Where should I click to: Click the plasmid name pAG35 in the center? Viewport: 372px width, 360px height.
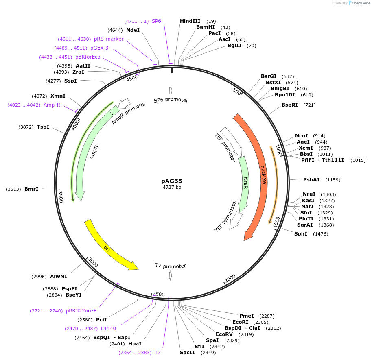click(171, 181)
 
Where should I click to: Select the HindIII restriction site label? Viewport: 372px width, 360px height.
click(190, 21)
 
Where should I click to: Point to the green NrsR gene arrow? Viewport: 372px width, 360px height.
click(245, 183)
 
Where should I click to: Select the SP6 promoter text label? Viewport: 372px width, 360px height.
click(171, 100)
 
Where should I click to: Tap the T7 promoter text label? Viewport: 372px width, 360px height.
click(171, 266)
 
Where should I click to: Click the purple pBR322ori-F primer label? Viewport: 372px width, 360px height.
click(81, 311)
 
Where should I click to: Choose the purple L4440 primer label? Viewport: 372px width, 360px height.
click(108, 329)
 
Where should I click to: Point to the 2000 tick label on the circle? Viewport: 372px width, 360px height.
click(230, 278)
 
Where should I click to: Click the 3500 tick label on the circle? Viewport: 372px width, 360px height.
click(60, 197)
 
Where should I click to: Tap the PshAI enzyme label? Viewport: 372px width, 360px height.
click(311, 179)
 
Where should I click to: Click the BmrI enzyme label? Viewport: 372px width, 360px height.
click(31, 189)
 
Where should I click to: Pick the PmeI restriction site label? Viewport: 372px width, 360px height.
click(247, 316)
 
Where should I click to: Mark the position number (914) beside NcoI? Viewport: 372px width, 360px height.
click(319, 136)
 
